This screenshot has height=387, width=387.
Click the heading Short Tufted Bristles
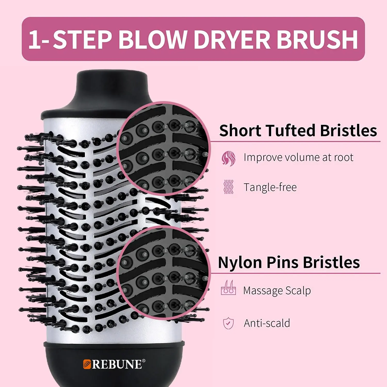(298, 130)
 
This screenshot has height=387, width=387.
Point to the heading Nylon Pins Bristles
(289, 262)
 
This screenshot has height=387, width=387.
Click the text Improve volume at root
(299, 157)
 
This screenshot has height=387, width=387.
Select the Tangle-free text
(270, 187)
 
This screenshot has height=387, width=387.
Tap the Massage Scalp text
(277, 291)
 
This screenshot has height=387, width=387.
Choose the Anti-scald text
(267, 323)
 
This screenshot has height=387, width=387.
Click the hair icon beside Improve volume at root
(228, 158)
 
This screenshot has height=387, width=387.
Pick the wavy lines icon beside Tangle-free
(228, 187)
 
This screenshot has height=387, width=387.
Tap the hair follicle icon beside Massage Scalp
(228, 288)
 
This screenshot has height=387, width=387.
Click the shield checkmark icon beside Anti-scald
(228, 323)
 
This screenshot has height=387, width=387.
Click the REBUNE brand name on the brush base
(117, 364)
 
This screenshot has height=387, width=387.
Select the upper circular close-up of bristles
(164, 148)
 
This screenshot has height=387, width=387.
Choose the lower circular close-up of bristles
(164, 272)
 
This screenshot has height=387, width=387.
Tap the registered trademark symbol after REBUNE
(144, 361)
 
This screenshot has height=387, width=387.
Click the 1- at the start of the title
(39, 39)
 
